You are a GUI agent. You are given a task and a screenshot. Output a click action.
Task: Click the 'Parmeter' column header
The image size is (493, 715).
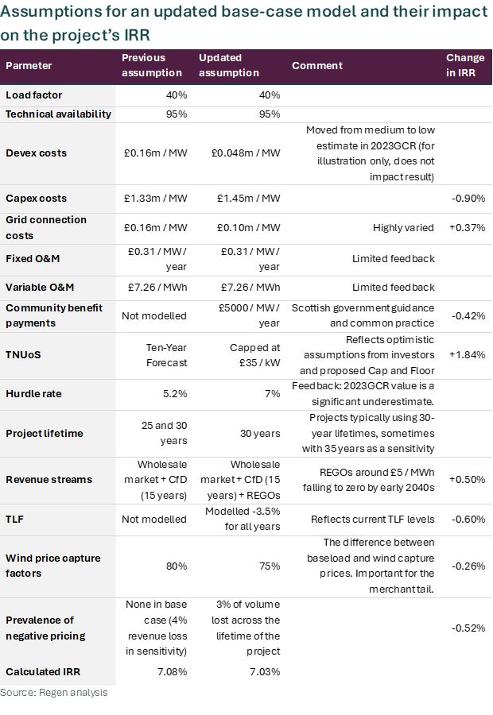coord(29,65)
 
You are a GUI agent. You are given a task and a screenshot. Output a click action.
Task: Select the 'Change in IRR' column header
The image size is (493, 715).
coord(465,65)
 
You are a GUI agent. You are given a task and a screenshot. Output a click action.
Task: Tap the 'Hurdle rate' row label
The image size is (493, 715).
coord(33,393)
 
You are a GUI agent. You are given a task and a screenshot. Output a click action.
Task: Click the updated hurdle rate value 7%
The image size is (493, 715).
coord(272,393)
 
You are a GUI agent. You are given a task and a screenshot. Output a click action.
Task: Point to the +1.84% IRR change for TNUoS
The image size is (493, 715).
coord(467,354)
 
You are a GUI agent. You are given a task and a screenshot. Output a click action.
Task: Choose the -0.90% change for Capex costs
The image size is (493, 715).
coord(467,199)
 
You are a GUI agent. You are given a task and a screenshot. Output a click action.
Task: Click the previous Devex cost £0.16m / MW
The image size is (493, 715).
coord(155,153)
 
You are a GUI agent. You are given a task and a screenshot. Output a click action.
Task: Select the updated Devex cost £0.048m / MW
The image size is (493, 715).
coord(239,153)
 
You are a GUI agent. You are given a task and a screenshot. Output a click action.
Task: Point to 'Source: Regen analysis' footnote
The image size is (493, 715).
coord(53,693)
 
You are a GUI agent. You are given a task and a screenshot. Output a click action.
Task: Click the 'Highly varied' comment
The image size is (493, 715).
coord(403,228)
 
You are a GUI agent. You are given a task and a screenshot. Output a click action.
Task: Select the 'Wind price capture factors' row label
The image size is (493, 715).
coord(52,566)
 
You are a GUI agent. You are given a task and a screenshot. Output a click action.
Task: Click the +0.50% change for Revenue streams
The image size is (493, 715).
coord(467,479)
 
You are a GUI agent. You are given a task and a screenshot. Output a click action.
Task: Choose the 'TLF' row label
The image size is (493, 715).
coord(16,520)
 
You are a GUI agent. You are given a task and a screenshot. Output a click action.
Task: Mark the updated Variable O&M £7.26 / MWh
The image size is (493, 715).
coord(239,287)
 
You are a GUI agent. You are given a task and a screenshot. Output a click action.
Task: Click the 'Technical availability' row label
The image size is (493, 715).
coord(58,114)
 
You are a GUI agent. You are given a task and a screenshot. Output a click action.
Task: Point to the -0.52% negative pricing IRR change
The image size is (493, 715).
coord(467,628)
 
